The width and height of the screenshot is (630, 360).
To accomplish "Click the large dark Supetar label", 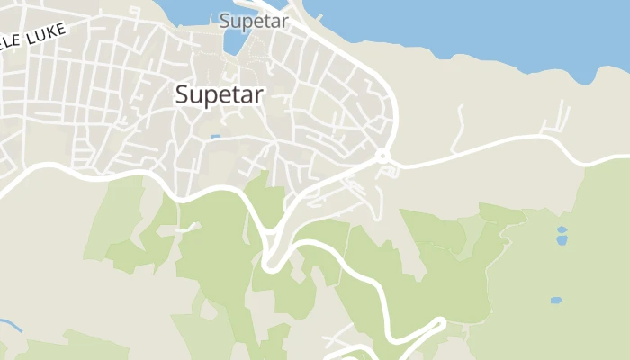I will [220, 94].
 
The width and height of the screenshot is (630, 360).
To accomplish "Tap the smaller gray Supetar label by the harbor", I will [254, 20].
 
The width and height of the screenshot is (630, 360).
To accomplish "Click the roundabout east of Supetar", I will [383, 157].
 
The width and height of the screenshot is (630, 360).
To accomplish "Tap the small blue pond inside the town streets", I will [215, 137].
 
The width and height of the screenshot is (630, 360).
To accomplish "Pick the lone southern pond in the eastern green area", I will [556, 301].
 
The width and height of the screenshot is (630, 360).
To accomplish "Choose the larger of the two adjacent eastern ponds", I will [562, 240].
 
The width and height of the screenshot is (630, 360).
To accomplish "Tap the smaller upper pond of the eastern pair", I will [562, 229].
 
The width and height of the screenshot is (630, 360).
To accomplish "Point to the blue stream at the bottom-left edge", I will [9, 324].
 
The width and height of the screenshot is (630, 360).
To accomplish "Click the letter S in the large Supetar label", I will [184, 94].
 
